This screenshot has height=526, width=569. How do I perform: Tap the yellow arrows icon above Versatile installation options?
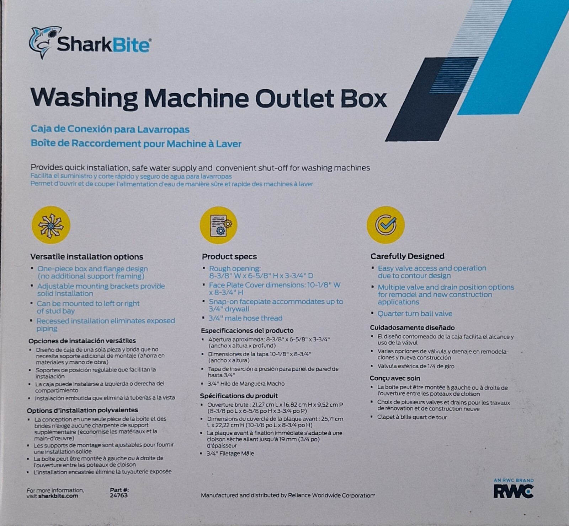coord(51,225)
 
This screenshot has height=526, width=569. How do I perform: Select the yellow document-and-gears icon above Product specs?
coord(218,225)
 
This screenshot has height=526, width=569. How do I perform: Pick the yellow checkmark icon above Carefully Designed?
coord(386,225)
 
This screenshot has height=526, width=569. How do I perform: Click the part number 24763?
coord(119,495)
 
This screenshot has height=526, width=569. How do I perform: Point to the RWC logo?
coord(514,491)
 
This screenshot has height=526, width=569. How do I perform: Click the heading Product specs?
coord(229,256)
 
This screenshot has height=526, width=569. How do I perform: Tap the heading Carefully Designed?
coord(408,256)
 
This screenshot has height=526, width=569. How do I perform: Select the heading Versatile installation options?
coord(87,257)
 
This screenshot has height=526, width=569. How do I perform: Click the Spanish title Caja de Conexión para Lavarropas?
coord(110,129)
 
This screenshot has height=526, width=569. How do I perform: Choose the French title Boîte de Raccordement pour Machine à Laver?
coord(136,143)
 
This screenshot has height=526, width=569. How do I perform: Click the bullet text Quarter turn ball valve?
coord(415,314)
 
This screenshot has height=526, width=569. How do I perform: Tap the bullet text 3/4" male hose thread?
coord(245,318)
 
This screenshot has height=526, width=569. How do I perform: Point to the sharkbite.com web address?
coord(58,496)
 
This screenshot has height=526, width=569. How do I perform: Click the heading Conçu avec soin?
coord(395,378)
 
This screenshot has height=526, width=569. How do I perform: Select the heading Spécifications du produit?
coord(239,396)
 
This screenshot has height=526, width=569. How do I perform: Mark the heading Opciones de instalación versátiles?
coord(82,341)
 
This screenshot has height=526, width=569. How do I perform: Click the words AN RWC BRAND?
coord(514,480)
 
